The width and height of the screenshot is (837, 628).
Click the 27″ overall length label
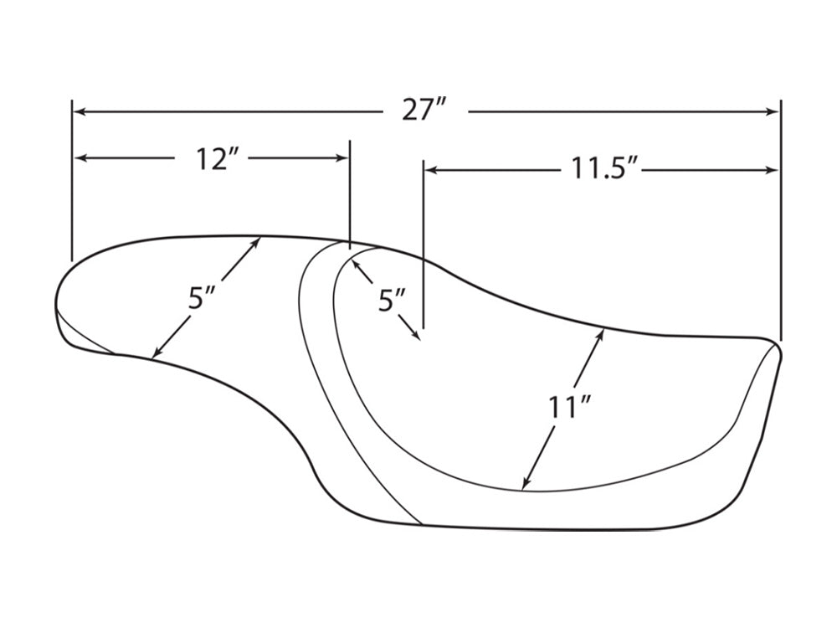coord(424,111)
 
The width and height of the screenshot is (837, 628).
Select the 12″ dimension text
coord(212,158)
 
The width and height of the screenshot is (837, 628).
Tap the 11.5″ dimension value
coord(602,169)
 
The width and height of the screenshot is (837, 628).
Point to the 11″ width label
coord(568,408)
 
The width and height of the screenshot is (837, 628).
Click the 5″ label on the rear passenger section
coord(201,298)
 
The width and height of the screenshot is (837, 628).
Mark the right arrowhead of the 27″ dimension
coord(773,111)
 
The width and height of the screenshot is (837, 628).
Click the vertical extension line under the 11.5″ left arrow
coord(424,244)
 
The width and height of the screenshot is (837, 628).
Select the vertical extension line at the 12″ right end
coord(350,195)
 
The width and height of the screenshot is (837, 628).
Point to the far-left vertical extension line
coord(71,180)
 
